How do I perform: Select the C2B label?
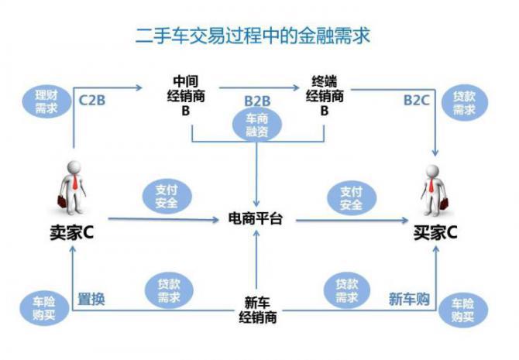[x=94, y=99]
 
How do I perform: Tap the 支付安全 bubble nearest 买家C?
[x=351, y=197]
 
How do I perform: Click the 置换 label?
[x=91, y=298]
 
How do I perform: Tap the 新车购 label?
[x=409, y=298]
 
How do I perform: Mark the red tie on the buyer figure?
[x=433, y=187]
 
